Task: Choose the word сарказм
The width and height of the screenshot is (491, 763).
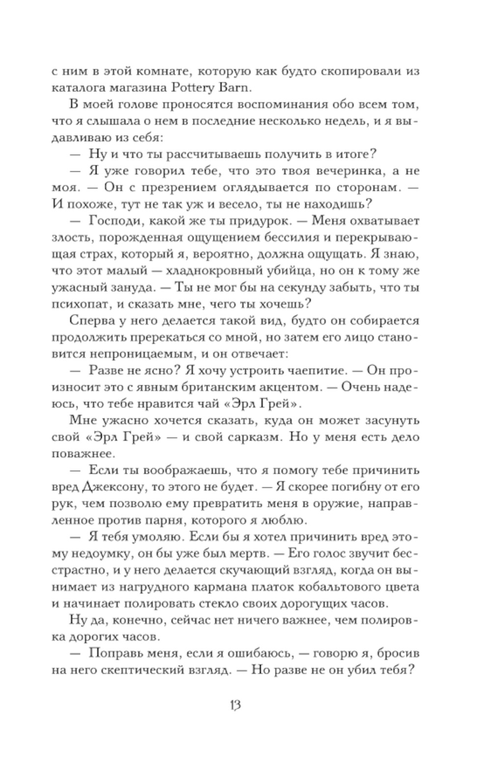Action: pyautogui.click(x=252, y=437)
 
